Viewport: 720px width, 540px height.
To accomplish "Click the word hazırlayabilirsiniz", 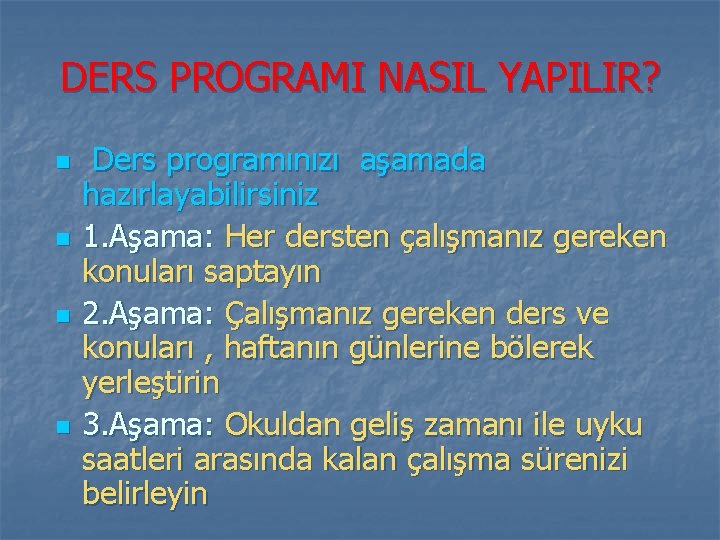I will (x=201, y=194).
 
